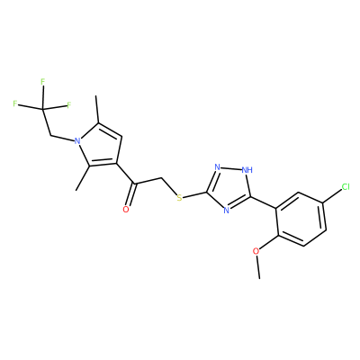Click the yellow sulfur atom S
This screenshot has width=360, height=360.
(x=179, y=198)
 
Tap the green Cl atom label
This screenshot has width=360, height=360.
(x=346, y=187)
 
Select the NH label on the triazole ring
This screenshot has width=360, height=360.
(x=247, y=170)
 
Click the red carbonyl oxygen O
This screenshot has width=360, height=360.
(x=126, y=209)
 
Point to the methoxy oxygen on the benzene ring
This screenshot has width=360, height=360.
(x=256, y=251)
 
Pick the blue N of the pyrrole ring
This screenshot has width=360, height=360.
(x=77, y=140)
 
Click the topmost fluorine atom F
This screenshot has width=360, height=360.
(x=42, y=82)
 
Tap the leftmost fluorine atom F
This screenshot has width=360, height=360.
(x=14, y=103)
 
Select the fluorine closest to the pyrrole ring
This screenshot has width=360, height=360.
(x=69, y=105)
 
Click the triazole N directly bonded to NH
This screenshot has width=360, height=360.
(x=218, y=167)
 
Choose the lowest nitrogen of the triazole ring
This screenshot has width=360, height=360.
(x=227, y=211)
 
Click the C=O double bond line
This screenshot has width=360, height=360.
(x=130, y=194)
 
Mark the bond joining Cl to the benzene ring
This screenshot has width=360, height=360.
(x=332, y=196)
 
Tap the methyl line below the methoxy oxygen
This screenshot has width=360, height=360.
(x=257, y=267)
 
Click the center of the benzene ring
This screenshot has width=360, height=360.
(x=301, y=220)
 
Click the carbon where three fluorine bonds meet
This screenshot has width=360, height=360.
(x=43, y=109)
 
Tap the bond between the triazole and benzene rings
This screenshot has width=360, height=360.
(x=263, y=202)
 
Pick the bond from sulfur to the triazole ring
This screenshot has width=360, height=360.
(x=194, y=194)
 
